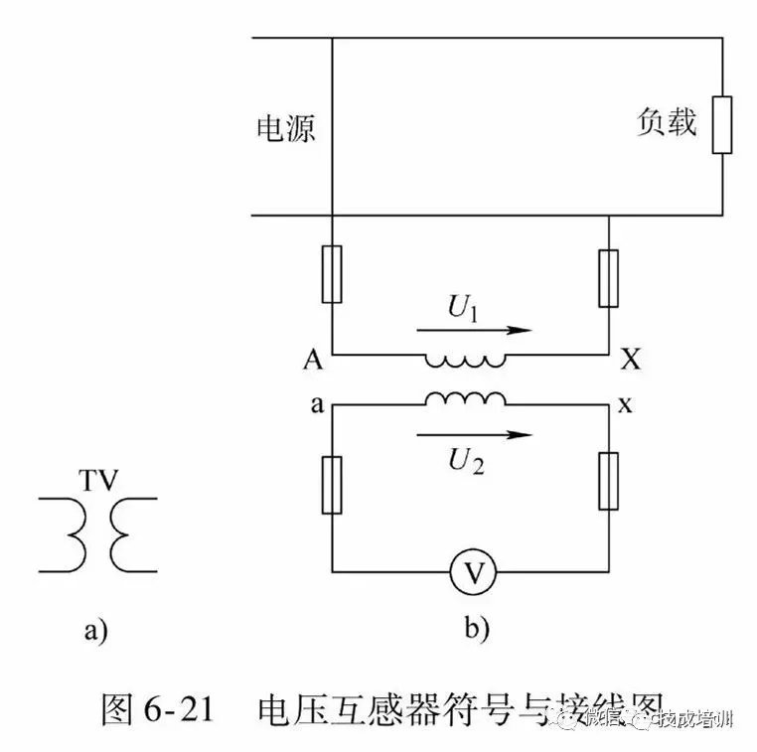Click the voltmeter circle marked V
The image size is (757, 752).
[x=471, y=571]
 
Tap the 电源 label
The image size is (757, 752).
[x=286, y=128]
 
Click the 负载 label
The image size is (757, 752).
[x=667, y=122]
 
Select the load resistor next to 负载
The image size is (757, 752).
[x=721, y=125]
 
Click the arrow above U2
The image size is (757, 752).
[x=474, y=434]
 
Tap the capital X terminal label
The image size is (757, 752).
[x=629, y=360]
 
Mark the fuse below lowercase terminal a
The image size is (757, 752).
[x=332, y=485]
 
